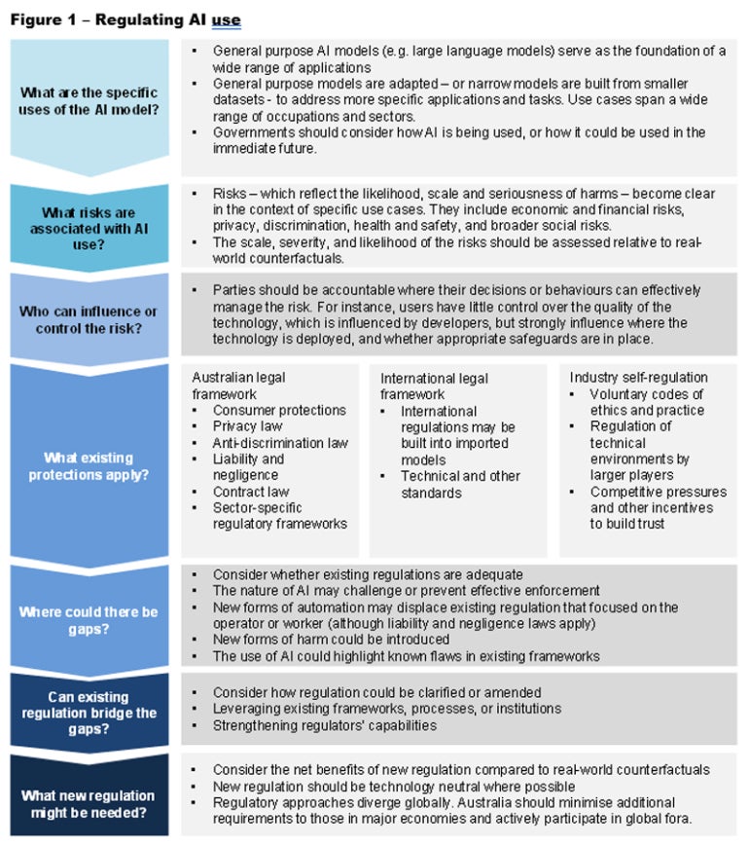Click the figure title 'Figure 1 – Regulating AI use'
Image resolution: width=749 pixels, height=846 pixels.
pyautogui.click(x=125, y=19)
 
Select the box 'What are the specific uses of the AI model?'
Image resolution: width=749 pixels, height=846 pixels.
pyautogui.click(x=89, y=101)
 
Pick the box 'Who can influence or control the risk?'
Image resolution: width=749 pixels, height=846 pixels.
pyautogui.click(x=89, y=318)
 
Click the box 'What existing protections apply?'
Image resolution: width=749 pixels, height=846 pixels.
pyautogui.click(x=89, y=465)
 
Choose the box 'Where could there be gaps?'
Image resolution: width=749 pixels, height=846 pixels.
pyautogui.click(x=89, y=620)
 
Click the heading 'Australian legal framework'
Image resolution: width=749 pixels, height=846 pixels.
pyautogui.click(x=239, y=386)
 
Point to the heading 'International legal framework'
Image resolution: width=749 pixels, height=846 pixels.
pyautogui.click(x=434, y=386)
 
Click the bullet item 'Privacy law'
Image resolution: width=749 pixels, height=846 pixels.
pyautogui.click(x=248, y=426)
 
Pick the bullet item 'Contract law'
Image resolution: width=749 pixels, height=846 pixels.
pyautogui.click(x=252, y=492)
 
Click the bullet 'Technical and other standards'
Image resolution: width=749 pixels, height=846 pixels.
pyautogui.click(x=460, y=485)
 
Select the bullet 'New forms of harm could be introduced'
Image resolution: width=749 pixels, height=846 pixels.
pyautogui.click(x=331, y=640)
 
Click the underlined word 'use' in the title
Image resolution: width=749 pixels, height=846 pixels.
pyautogui.click(x=226, y=19)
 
